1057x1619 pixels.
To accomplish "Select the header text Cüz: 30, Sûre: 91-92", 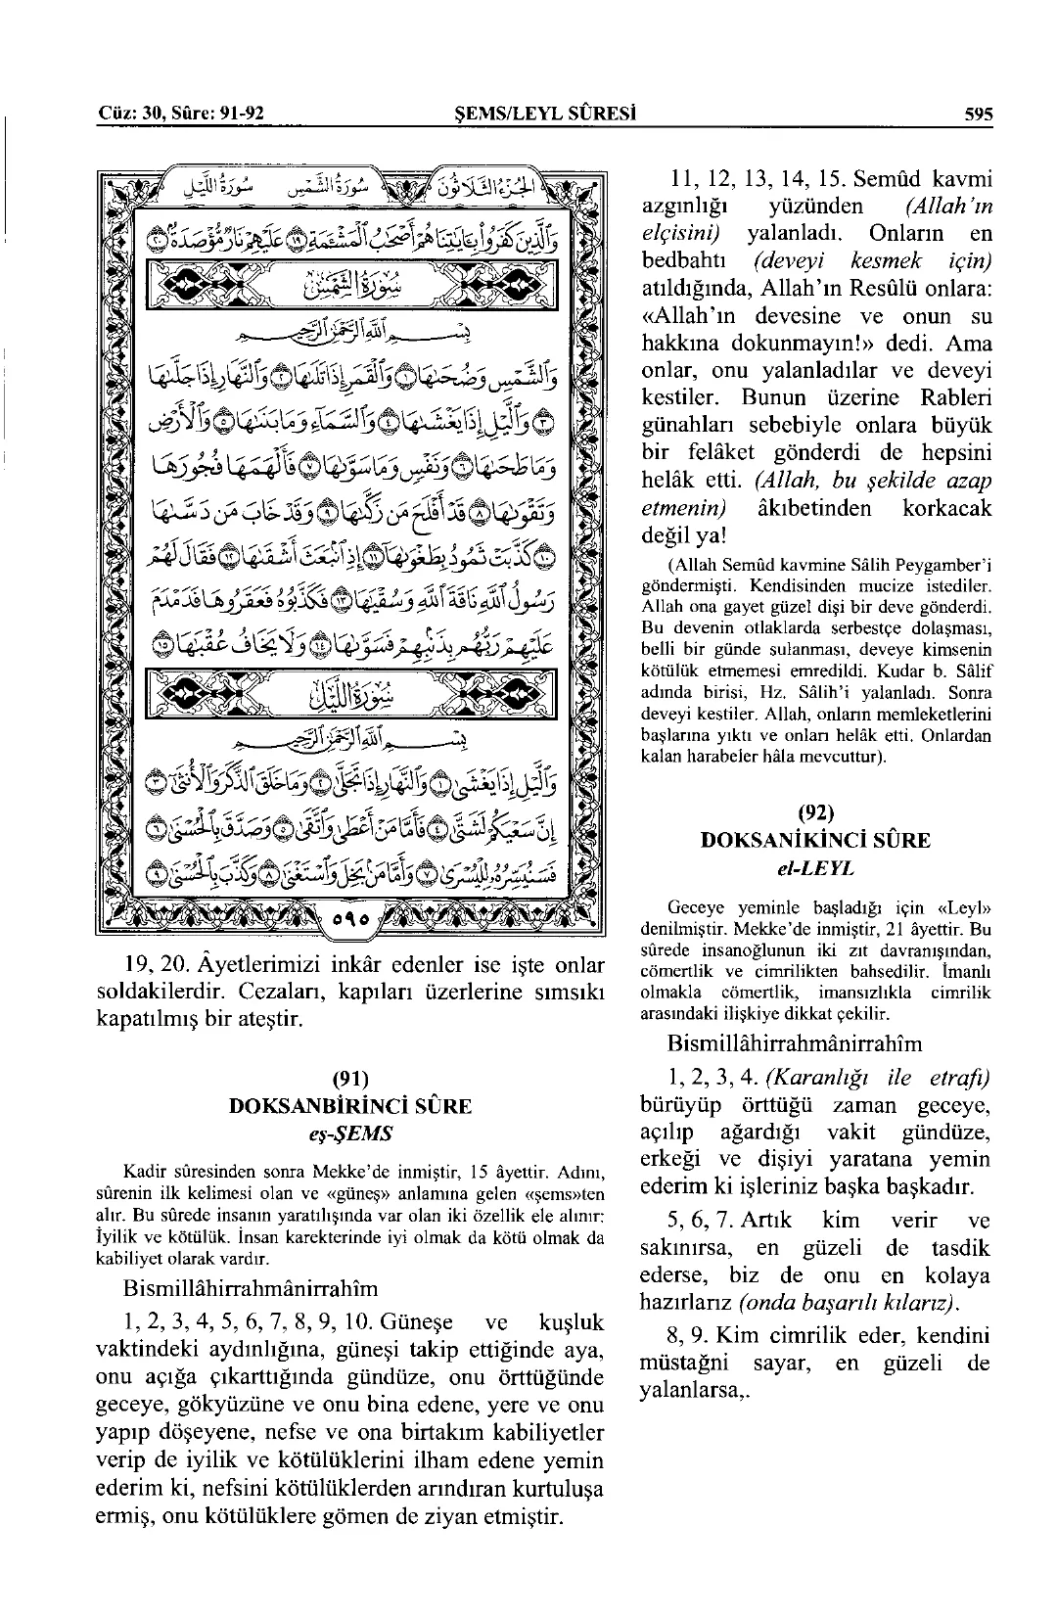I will tap(182, 114).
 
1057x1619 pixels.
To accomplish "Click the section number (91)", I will tap(349, 1079).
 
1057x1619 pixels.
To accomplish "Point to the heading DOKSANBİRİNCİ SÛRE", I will tap(349, 1106).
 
